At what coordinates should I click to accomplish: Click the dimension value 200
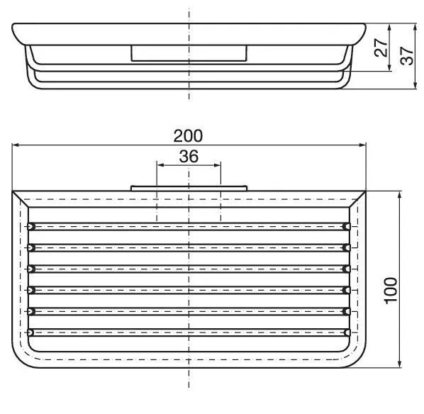click(x=188, y=135)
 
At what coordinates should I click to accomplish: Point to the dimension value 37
click(x=407, y=56)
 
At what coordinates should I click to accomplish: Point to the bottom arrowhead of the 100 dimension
click(x=402, y=364)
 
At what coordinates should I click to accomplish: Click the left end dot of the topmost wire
click(x=30, y=226)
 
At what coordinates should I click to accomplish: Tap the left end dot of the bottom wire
click(x=30, y=332)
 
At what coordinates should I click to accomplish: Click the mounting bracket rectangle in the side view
click(x=188, y=53)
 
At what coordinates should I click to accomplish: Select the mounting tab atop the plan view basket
click(x=188, y=189)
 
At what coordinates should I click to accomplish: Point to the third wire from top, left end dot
click(x=30, y=269)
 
